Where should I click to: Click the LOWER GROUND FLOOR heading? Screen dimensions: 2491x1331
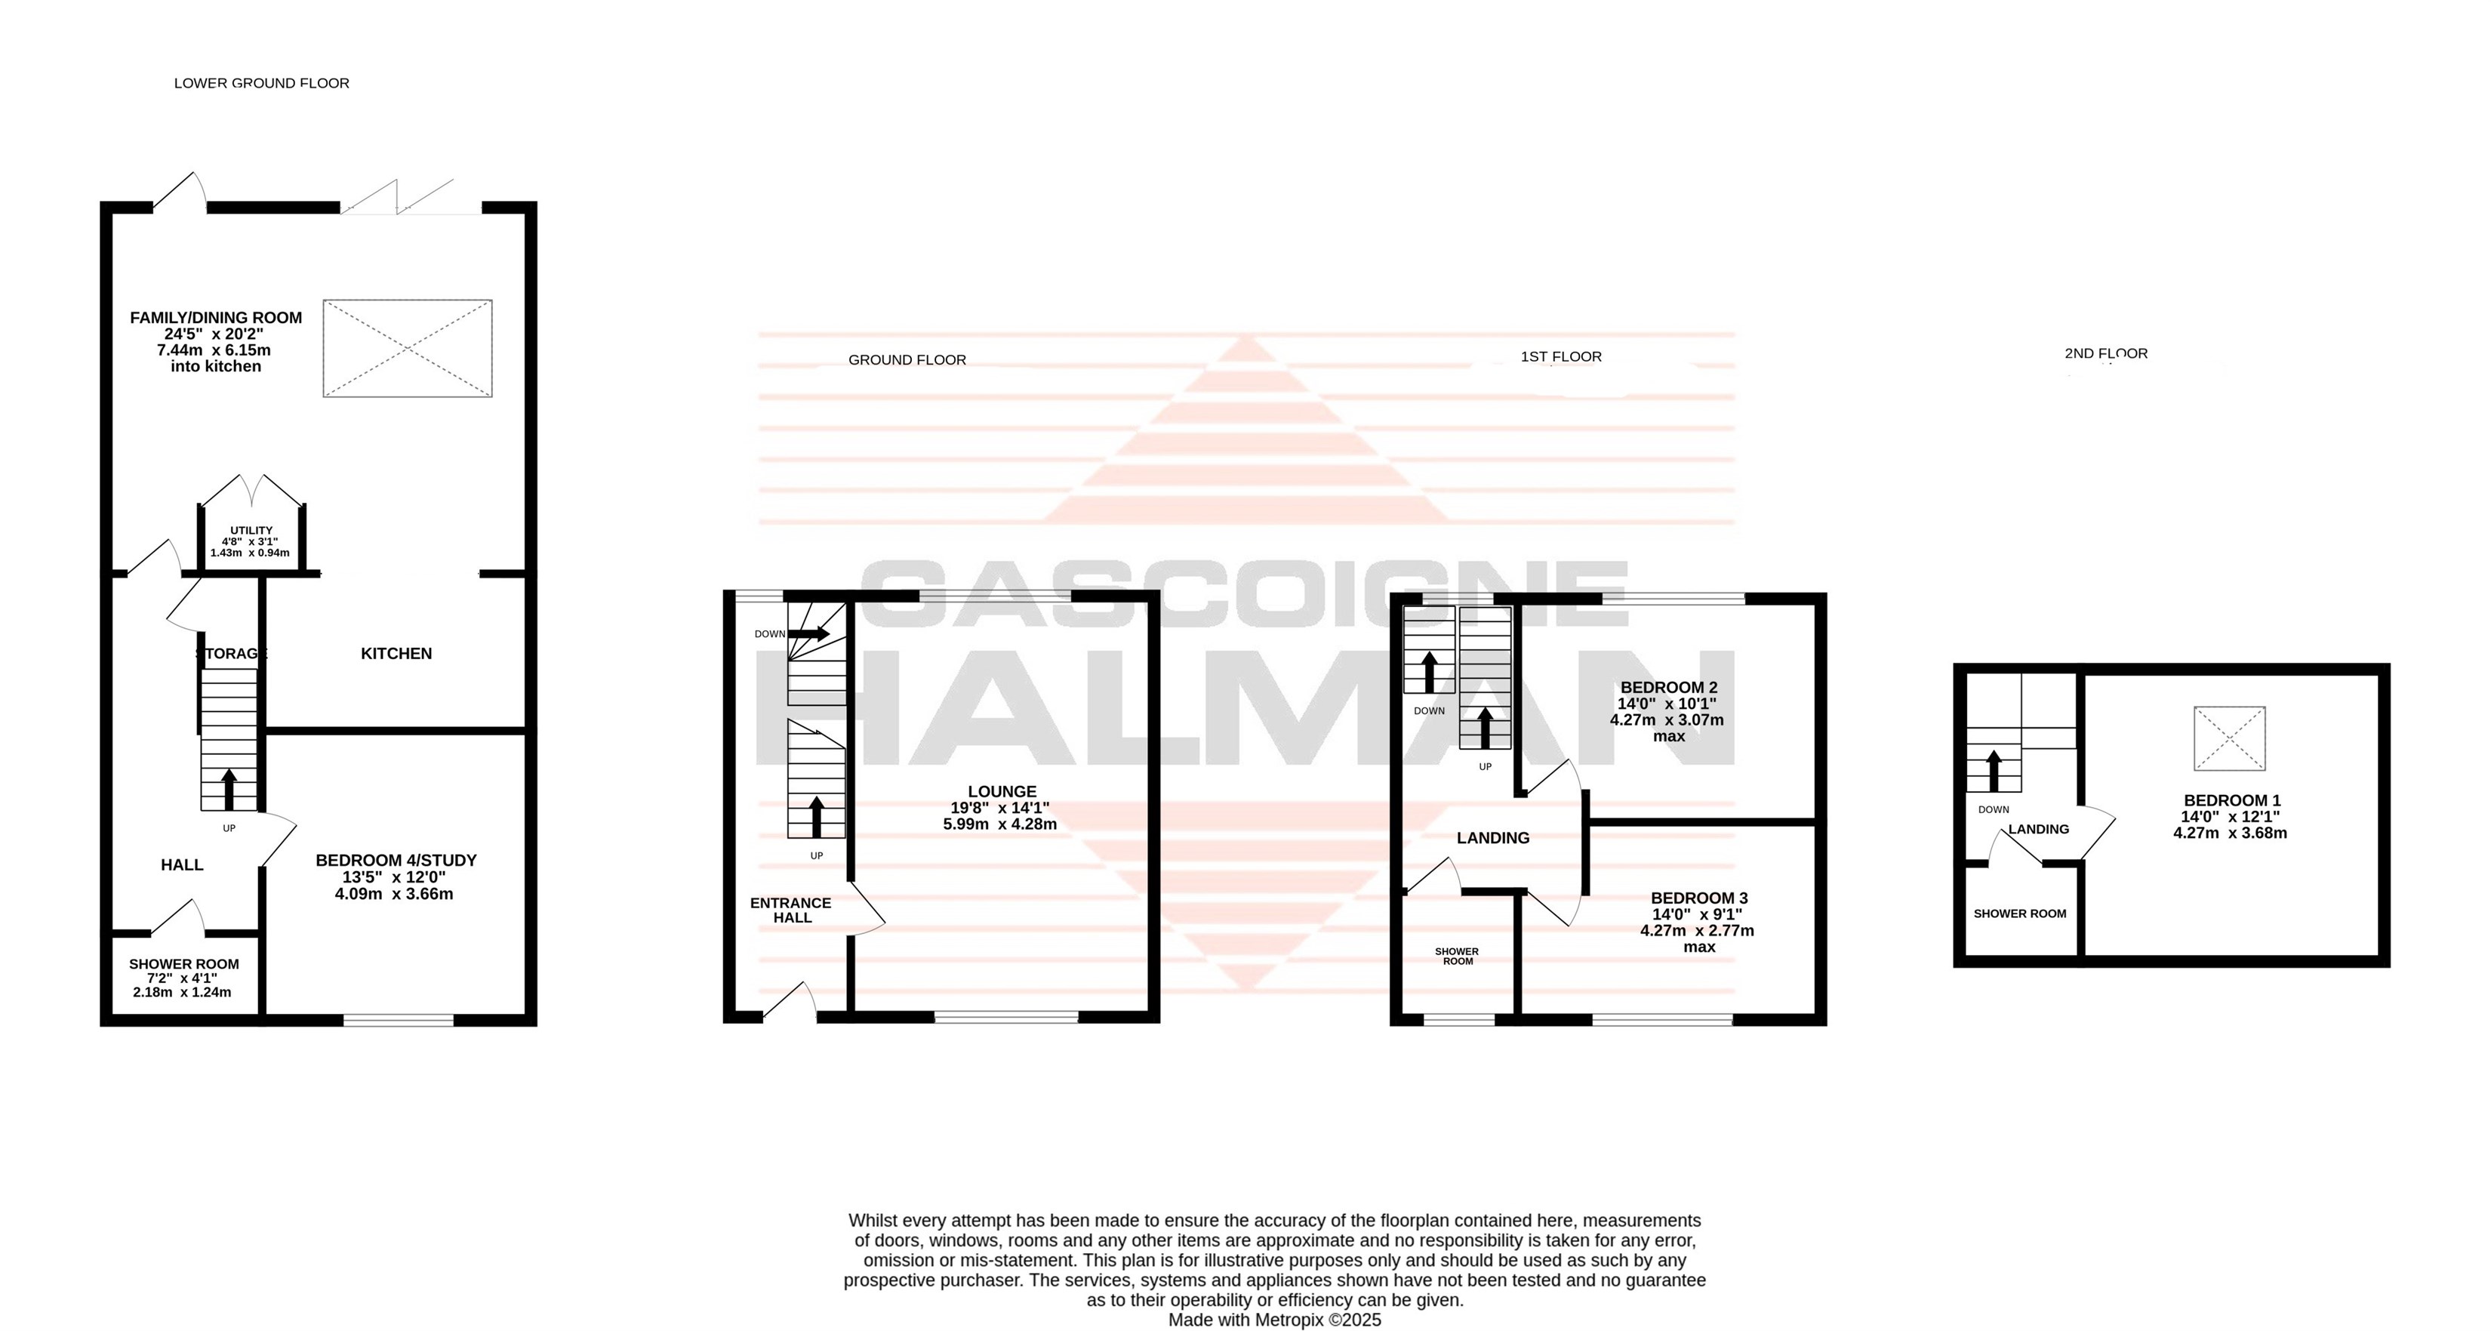[x=261, y=83]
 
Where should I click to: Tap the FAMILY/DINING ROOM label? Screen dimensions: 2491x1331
[x=216, y=317]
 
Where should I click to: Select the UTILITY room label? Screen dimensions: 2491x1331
[x=251, y=531]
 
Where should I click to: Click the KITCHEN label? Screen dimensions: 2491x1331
[x=396, y=654]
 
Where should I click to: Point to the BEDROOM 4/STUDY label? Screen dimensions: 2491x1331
[x=396, y=860]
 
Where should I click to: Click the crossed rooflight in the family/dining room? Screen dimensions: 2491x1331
[x=407, y=348]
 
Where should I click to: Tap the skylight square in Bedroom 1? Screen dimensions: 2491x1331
[x=2230, y=739]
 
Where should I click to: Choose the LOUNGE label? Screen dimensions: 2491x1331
[x=1002, y=791]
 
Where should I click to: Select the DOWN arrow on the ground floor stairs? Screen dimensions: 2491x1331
[x=808, y=634]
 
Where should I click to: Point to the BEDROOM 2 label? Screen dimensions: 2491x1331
[x=1669, y=688]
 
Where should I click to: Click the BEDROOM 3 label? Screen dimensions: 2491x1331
[x=1699, y=898]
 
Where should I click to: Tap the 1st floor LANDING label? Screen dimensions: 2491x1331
[x=1493, y=838]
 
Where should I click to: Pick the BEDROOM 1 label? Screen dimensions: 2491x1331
[x=2232, y=801]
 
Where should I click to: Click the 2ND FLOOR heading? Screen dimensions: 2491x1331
[x=2106, y=354]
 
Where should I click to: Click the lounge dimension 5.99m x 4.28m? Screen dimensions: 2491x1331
[x=1000, y=824]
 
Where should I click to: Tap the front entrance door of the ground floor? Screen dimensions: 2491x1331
[x=790, y=1002]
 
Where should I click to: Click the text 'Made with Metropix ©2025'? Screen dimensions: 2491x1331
[x=1274, y=1320]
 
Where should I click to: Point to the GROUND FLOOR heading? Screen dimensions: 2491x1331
[x=907, y=360]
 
